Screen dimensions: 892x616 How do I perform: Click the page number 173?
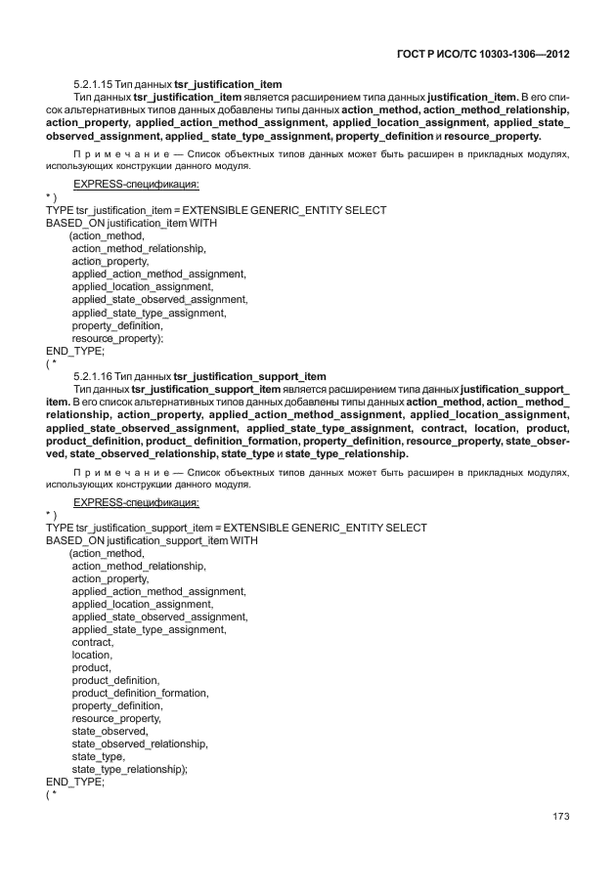tap(559, 816)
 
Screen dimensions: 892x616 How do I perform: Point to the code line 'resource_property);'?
tap(117, 337)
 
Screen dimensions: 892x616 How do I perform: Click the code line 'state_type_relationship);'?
tap(129, 769)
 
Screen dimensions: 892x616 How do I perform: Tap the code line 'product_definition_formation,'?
tap(140, 693)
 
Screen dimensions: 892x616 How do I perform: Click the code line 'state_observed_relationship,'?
tap(139, 743)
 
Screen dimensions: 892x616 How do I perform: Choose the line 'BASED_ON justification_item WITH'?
tap(132, 223)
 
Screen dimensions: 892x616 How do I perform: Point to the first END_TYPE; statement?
tap(75, 350)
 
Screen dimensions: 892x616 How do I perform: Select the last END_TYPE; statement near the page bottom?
tap(75, 782)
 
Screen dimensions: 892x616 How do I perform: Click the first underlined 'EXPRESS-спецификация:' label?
tap(137, 184)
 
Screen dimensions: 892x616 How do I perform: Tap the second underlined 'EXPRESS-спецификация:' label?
tap(137, 502)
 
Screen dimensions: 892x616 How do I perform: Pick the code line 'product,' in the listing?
tap(91, 667)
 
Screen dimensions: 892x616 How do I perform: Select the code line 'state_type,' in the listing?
tap(98, 756)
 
